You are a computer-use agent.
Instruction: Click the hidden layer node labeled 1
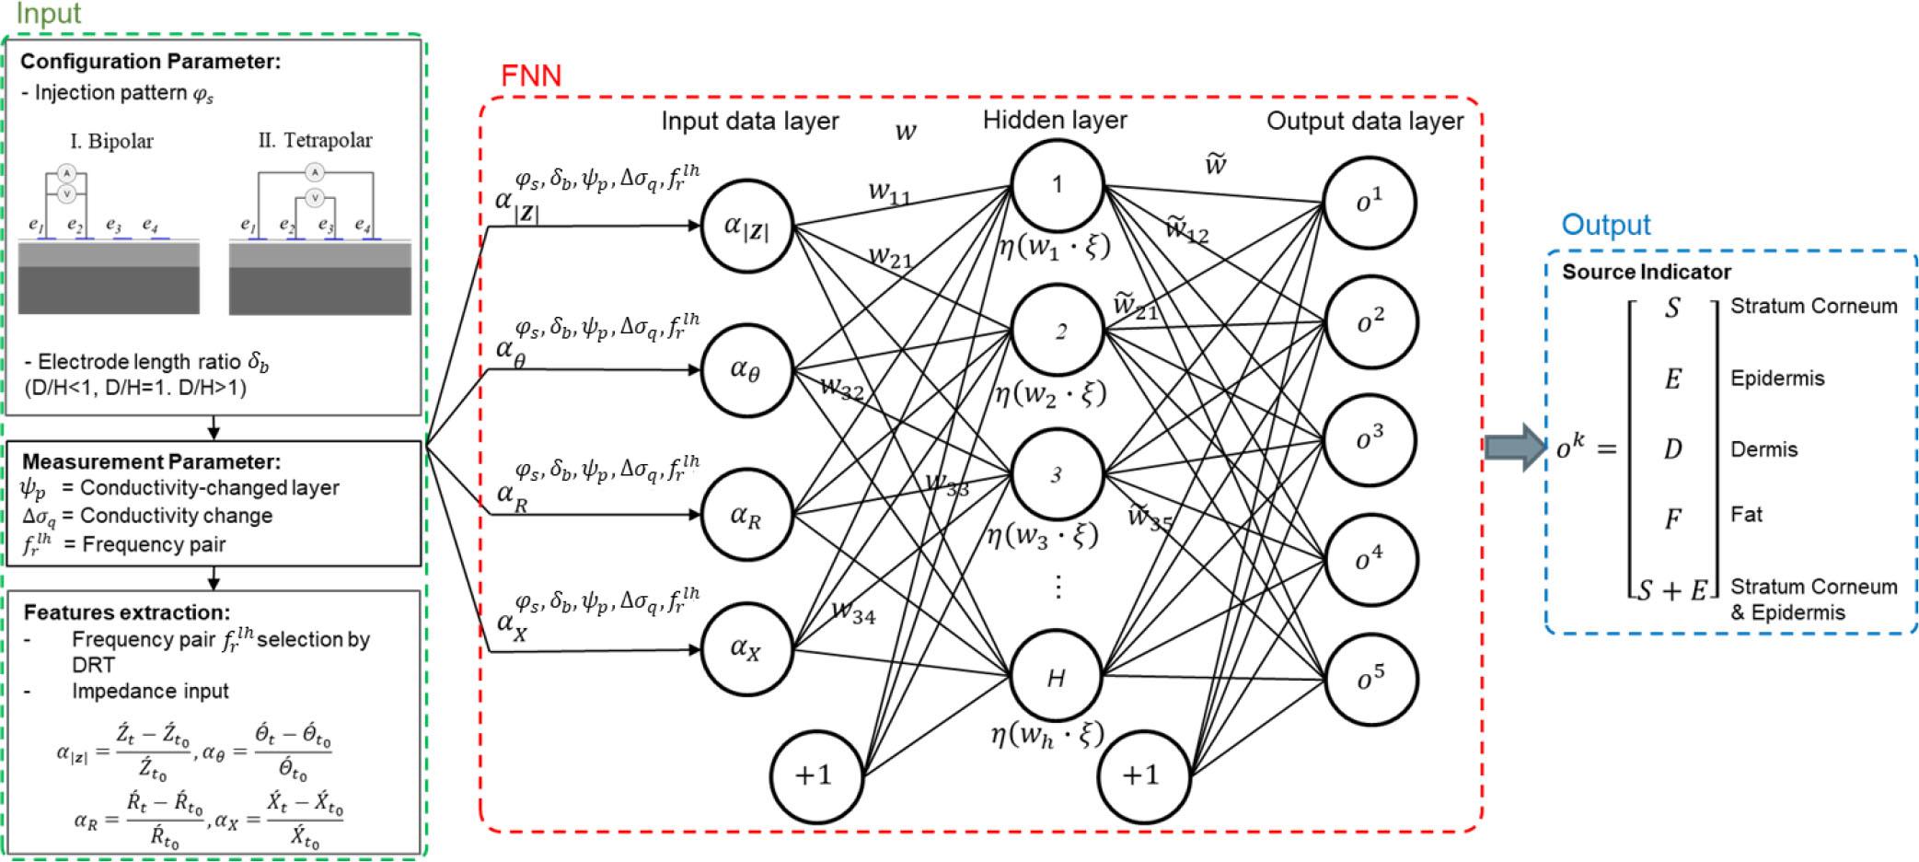tap(1057, 185)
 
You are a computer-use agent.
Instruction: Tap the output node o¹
tap(1370, 202)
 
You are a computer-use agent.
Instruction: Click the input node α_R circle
tap(746, 515)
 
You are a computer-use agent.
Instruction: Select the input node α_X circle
tap(746, 648)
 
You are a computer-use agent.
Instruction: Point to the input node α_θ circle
tap(746, 370)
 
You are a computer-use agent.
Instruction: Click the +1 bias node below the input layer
tap(815, 775)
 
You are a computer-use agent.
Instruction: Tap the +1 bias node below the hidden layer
tap(1142, 775)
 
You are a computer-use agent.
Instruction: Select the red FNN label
tap(531, 76)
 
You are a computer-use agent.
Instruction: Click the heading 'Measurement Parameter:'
tap(151, 461)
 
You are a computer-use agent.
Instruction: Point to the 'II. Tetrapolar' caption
tap(315, 140)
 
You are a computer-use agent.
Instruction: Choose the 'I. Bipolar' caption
tap(111, 141)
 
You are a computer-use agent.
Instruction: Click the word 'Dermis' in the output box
tap(1763, 449)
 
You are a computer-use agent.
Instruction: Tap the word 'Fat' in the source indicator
tap(1746, 514)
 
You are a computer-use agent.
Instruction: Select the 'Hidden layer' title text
tap(1055, 120)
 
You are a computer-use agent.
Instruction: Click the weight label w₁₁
tap(889, 192)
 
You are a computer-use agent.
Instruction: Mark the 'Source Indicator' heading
tap(1646, 272)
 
